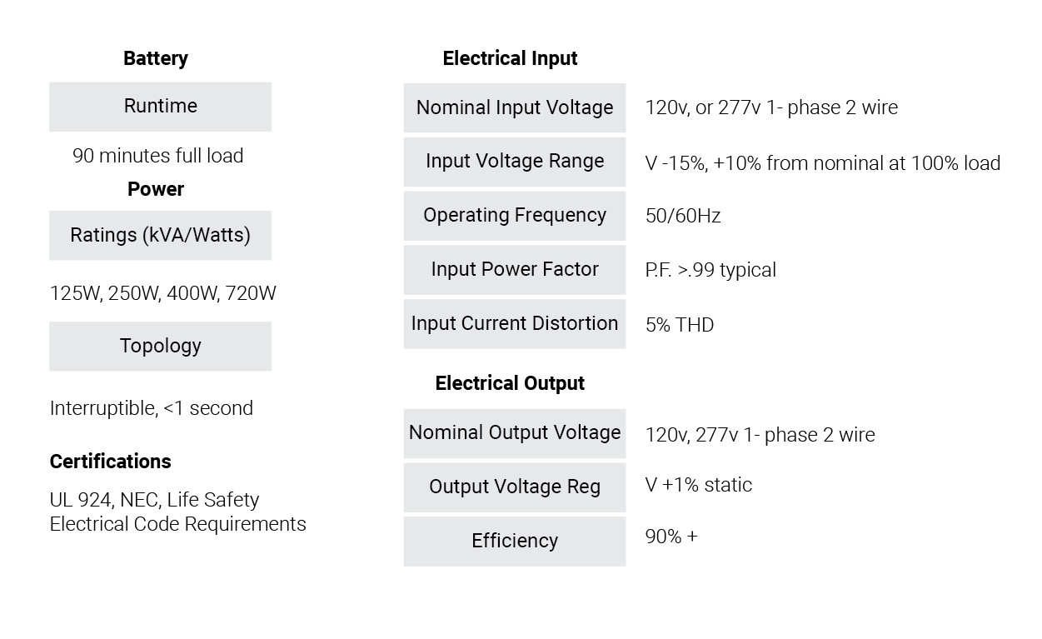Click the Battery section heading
tap(156, 58)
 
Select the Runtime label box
tap(161, 107)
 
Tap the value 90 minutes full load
tap(158, 156)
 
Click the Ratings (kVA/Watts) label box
tap(161, 236)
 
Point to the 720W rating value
tap(251, 293)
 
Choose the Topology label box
tap(161, 347)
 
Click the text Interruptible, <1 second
tap(152, 408)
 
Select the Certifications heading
tap(111, 462)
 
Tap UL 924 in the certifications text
tap(81, 500)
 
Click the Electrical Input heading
tap(510, 58)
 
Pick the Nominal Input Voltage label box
tap(515, 107)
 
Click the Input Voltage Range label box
tap(515, 162)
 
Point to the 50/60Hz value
tap(683, 216)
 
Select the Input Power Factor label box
tap(515, 270)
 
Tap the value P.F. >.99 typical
tap(710, 270)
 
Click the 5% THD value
tap(680, 325)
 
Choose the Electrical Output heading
tap(510, 383)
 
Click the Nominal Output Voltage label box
tap(515, 433)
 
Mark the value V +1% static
tap(699, 485)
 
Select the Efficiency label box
tap(515, 542)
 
